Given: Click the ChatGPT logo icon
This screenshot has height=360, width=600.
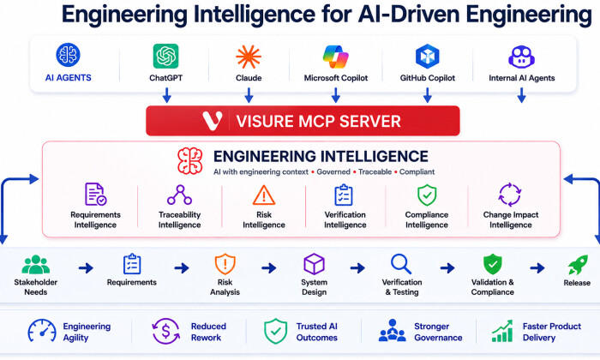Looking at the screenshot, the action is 165,56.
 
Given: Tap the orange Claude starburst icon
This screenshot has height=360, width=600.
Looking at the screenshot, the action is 249,57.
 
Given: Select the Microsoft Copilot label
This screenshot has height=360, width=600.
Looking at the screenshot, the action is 336,78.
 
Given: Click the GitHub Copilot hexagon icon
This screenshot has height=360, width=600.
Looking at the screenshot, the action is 428,56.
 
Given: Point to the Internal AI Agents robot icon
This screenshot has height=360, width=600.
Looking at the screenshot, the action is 521,57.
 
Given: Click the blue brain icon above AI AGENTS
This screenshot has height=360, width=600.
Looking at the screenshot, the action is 68,55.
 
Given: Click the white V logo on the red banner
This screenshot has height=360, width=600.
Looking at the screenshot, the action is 213,121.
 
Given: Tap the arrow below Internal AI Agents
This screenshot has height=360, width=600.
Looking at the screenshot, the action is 521,95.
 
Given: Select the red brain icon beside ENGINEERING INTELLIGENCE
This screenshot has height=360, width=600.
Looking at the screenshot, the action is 189,161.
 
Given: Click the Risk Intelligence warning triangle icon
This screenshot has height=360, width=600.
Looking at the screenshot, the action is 264,195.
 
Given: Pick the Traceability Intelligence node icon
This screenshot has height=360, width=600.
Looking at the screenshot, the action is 179,195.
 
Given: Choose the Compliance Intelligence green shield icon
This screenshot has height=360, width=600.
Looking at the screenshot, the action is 427,195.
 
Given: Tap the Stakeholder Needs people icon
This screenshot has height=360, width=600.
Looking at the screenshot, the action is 36,264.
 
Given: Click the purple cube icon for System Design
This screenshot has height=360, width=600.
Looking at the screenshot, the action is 315,264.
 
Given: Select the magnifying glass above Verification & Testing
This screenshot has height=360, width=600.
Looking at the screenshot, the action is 401,264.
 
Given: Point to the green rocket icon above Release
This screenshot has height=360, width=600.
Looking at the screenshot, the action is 578,265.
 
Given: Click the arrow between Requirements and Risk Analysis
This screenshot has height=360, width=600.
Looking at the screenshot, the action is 182,267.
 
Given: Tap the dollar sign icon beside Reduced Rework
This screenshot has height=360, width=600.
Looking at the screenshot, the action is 165,332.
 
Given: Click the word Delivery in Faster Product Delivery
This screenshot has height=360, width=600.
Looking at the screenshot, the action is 539,338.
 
